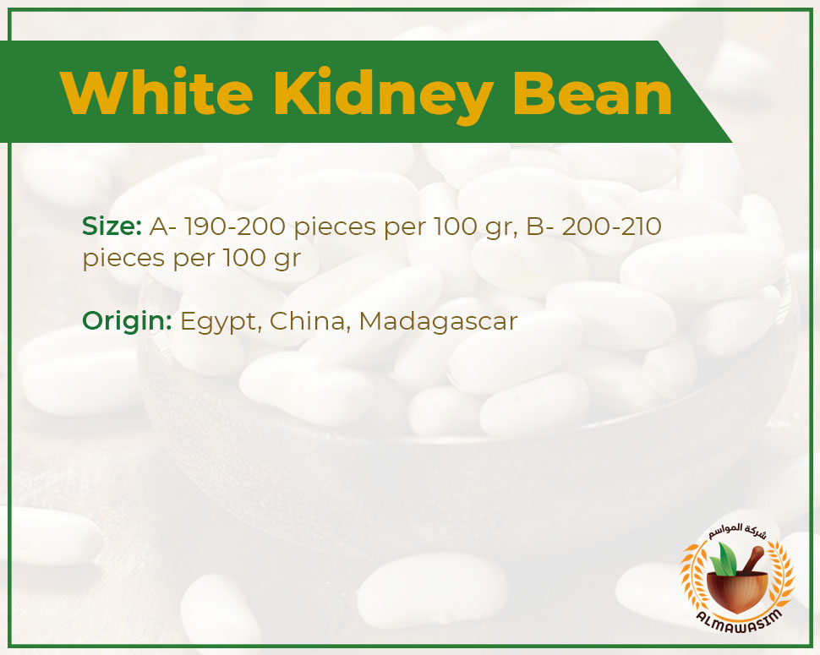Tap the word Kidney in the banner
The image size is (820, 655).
point(383,96)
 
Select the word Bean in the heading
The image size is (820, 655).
point(593,92)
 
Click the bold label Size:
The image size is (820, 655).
point(112,227)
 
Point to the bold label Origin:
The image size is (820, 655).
point(127,321)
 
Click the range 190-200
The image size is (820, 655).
point(235,227)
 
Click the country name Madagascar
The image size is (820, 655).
point(438,322)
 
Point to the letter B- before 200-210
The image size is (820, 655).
point(540,227)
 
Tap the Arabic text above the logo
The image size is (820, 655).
point(738,532)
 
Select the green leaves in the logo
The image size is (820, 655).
point(724,558)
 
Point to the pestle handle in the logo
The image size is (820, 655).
point(752,559)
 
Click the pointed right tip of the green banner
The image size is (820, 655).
point(731,142)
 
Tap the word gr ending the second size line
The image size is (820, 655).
point(287,259)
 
